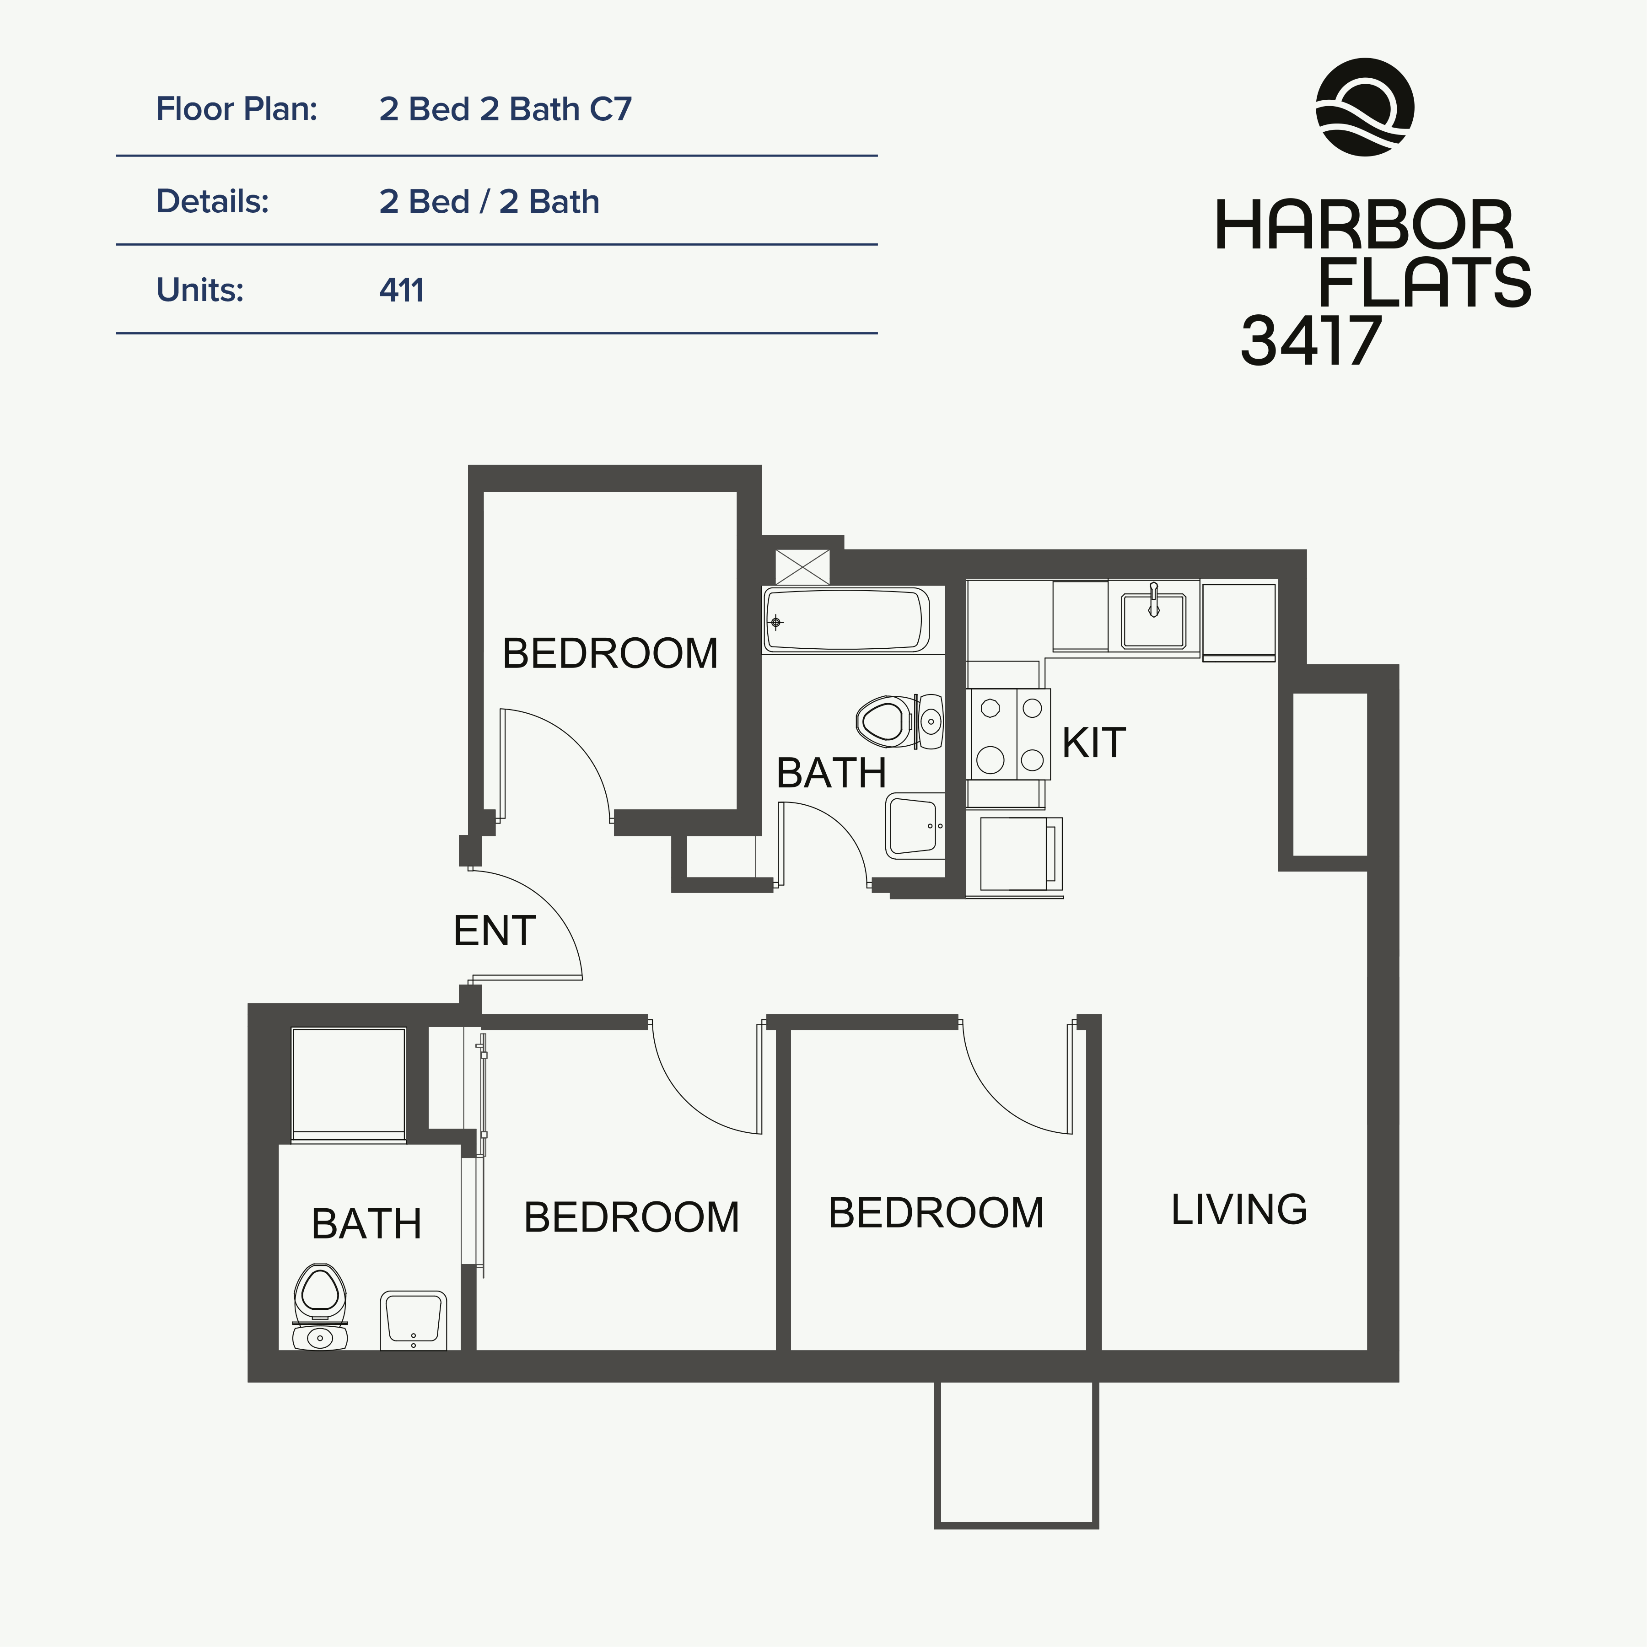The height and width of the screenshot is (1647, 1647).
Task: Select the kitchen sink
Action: click(x=1153, y=620)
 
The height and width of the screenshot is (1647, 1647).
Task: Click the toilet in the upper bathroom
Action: click(x=899, y=721)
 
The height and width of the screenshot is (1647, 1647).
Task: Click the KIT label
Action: click(x=1094, y=743)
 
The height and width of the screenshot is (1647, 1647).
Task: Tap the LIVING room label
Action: click(x=1238, y=1210)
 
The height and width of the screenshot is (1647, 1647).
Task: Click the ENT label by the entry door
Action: click(x=495, y=931)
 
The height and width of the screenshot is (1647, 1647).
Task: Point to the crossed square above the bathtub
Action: click(x=802, y=567)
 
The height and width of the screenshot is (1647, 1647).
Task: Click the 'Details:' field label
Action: click(x=212, y=202)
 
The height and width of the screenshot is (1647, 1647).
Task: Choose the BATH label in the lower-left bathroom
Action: click(x=366, y=1224)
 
